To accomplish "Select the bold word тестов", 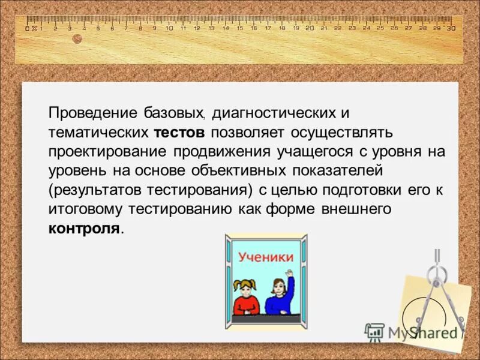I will [179, 132].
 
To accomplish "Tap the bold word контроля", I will [84, 229].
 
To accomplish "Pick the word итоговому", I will [80, 209].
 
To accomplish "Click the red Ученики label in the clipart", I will [266, 257].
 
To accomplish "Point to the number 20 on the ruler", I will [310, 28].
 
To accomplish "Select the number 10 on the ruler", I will [169, 28].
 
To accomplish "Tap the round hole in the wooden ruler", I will [77, 39].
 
